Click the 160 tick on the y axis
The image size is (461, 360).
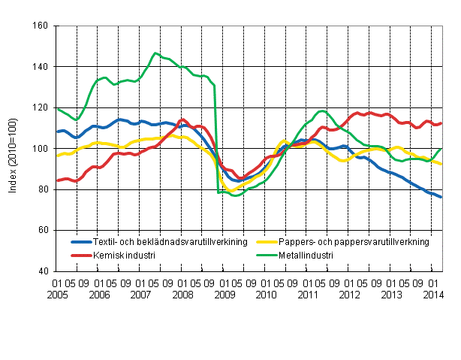pos(41,26)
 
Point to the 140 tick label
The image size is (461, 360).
pos(41,67)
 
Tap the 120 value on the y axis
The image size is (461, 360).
pos(41,107)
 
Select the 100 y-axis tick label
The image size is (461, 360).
pos(41,149)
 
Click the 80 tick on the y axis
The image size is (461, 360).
pos(44,189)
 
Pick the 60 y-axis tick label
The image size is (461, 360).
pos(44,230)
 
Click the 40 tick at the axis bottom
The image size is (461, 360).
pos(44,271)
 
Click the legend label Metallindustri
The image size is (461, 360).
pos(305,256)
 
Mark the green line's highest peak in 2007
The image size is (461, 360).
pos(155,53)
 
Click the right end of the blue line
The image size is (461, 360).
pos(441,197)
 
